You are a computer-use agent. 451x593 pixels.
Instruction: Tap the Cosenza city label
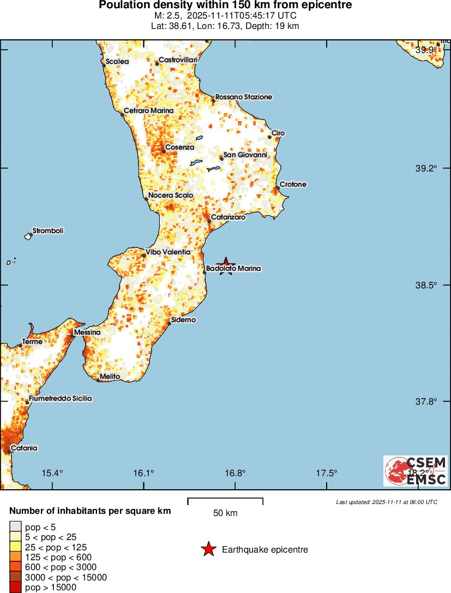click(179, 147)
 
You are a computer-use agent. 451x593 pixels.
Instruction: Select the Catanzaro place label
click(228, 217)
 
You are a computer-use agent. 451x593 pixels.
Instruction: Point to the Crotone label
click(293, 185)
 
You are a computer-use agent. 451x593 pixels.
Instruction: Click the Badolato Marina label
click(233, 269)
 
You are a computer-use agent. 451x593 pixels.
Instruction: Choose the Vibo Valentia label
click(169, 252)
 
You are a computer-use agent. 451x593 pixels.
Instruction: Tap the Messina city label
click(87, 332)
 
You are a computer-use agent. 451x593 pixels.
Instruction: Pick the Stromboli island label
click(48, 231)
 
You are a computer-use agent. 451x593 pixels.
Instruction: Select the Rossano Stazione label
click(243, 97)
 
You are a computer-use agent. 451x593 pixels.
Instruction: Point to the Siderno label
click(183, 319)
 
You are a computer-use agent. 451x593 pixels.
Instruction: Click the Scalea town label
click(117, 62)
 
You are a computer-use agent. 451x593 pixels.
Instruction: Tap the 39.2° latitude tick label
click(426, 168)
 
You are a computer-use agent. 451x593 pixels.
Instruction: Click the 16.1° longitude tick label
click(144, 473)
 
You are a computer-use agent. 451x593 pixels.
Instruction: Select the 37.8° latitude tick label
click(426, 401)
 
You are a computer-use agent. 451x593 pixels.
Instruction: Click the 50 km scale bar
click(225, 500)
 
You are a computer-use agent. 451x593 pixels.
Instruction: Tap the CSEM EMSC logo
click(415, 471)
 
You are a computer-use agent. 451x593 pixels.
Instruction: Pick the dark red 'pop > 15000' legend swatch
click(15, 588)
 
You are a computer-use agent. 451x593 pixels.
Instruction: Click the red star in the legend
click(208, 549)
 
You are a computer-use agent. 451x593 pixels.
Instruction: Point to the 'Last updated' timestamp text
click(386, 502)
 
